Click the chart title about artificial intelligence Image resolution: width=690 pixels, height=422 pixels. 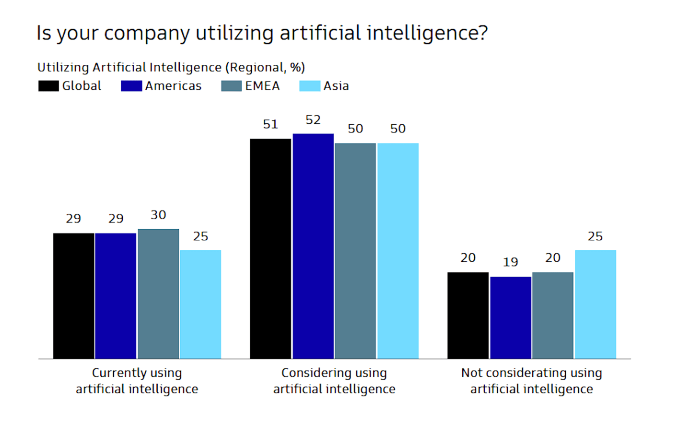pos(262,33)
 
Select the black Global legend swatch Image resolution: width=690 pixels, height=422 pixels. pos(48,86)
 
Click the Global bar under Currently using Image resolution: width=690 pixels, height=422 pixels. pos(73,296)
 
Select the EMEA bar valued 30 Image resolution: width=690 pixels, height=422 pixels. pos(158,293)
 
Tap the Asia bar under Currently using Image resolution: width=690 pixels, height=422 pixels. pos(200,304)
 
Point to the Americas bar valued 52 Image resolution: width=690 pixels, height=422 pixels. pos(313,246)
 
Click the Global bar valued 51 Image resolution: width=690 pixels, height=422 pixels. pos(270,248)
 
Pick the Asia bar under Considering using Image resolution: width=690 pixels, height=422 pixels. pos(398,251)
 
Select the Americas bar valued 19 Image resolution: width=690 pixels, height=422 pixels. pos(511,317)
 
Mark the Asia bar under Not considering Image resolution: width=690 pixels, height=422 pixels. pos(596,304)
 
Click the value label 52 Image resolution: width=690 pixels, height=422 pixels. pos(313,120)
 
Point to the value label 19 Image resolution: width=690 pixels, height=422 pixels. pos(511,262)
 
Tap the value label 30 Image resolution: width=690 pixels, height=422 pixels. pos(158,215)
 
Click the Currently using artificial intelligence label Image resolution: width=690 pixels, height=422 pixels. pos(137,381)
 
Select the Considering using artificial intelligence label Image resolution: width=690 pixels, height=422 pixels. pos(334,381)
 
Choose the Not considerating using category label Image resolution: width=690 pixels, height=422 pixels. pos(531,381)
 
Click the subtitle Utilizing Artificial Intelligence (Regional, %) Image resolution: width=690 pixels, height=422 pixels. pos(171,67)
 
